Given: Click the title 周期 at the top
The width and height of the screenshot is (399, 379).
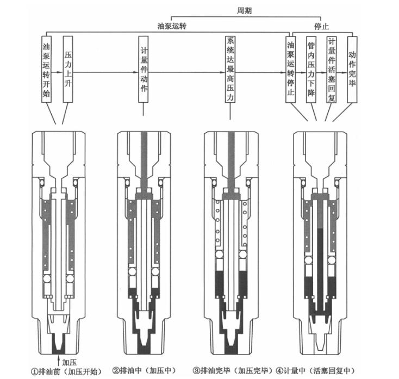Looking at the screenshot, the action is click(x=244, y=10).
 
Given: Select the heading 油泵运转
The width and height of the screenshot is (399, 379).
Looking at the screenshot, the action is click(x=172, y=26).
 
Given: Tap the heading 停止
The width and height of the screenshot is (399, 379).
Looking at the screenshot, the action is click(x=321, y=26).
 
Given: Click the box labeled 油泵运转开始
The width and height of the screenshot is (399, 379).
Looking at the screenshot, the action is click(x=46, y=69).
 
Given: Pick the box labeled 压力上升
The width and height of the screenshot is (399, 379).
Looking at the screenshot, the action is click(x=68, y=69).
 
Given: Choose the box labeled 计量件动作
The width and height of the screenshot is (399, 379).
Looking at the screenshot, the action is click(x=144, y=69).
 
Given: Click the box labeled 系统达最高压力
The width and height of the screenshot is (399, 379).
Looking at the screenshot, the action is click(x=230, y=69).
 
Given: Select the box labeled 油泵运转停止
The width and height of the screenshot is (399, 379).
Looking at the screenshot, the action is click(x=290, y=70).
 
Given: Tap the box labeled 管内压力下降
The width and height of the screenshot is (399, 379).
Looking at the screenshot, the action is click(x=311, y=70).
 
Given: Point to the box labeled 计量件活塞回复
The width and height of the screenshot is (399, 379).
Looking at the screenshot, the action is click(x=331, y=70).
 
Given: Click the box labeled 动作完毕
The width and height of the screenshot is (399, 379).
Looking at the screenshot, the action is click(x=352, y=70).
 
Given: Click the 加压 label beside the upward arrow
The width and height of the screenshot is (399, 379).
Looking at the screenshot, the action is click(x=69, y=363).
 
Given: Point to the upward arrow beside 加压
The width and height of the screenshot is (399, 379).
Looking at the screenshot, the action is click(x=59, y=362).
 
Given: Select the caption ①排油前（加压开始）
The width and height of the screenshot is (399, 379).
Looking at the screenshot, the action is click(x=66, y=371).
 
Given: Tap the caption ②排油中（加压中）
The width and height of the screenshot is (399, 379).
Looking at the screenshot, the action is click(x=144, y=371).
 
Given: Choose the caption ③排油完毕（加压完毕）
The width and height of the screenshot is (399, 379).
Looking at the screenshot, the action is click(x=233, y=371).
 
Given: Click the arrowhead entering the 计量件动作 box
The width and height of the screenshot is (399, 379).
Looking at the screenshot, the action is click(x=136, y=72).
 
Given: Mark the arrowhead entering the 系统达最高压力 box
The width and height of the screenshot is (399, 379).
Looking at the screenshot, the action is click(x=223, y=72).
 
